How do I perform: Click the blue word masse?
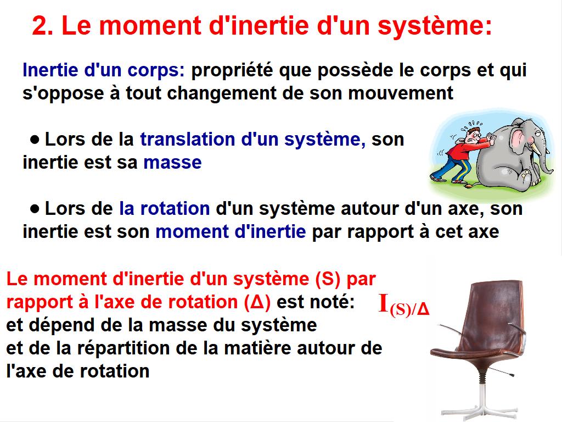click(172, 163)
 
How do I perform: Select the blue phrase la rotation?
click(165, 209)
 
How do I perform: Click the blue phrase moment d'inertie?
click(231, 232)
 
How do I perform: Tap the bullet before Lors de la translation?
click(35, 140)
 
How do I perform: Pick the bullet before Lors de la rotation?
click(35, 209)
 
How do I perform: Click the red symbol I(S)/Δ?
click(404, 306)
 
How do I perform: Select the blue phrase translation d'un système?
click(252, 140)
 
